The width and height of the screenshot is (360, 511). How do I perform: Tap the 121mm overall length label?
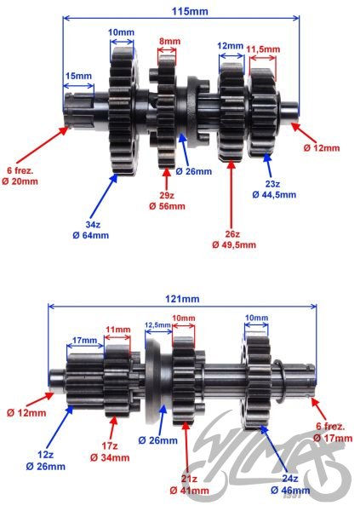coord(182,299)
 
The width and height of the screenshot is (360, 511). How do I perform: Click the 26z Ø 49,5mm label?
coord(231,239)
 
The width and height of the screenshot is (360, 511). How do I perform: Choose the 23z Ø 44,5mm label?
coord(273,189)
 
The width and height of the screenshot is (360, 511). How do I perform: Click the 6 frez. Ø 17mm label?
coord(332,433)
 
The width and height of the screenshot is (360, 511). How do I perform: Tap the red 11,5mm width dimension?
coord(262,49)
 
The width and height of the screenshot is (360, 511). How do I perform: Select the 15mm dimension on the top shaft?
coord(78,77)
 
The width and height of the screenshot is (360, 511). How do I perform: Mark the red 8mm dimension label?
coord(169,41)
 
